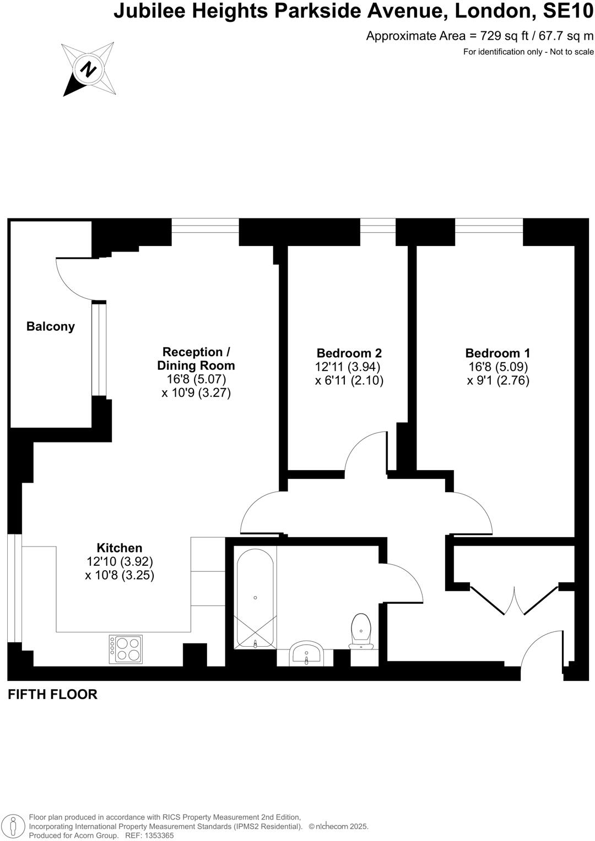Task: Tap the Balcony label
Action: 51,326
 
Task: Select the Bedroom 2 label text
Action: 349,353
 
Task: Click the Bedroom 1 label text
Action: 497,353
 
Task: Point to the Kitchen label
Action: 120,548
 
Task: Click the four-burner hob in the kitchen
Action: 126,649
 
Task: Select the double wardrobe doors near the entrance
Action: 515,600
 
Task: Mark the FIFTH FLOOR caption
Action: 52,694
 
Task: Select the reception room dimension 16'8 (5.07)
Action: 196,379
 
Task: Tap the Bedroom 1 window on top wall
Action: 489,226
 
